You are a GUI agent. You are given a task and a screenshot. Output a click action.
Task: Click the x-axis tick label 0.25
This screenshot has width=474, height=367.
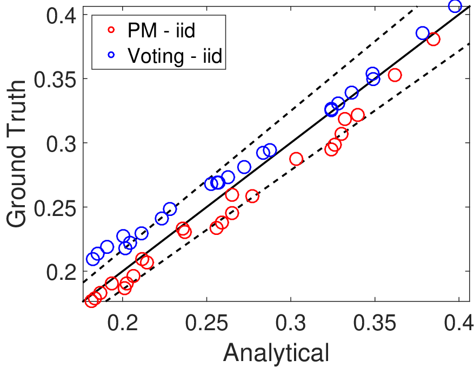pos(206,323)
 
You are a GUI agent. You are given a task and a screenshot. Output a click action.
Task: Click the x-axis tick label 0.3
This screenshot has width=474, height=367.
pos(290,323)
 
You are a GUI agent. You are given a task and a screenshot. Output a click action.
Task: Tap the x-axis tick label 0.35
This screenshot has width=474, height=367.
pos(375,323)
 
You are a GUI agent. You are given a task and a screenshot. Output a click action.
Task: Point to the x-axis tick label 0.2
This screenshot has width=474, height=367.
pos(123,323)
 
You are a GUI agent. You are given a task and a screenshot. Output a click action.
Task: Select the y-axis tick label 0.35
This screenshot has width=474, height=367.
pos(55,80)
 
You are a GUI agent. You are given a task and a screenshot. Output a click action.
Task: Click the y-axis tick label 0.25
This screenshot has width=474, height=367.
pos(55,208)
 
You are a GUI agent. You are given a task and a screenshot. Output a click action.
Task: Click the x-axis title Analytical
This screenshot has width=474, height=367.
pos(276,353)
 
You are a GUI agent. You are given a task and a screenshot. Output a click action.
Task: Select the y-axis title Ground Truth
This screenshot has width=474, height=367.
pos(17,154)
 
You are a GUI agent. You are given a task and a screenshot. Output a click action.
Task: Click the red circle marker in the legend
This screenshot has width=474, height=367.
pos(111,30)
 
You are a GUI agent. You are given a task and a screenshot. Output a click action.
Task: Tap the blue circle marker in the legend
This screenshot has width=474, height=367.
pos(111,55)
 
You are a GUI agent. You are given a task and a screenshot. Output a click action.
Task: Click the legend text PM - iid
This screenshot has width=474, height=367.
pos(161,30)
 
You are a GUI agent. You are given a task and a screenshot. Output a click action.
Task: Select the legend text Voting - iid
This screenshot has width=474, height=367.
pos(175,56)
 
